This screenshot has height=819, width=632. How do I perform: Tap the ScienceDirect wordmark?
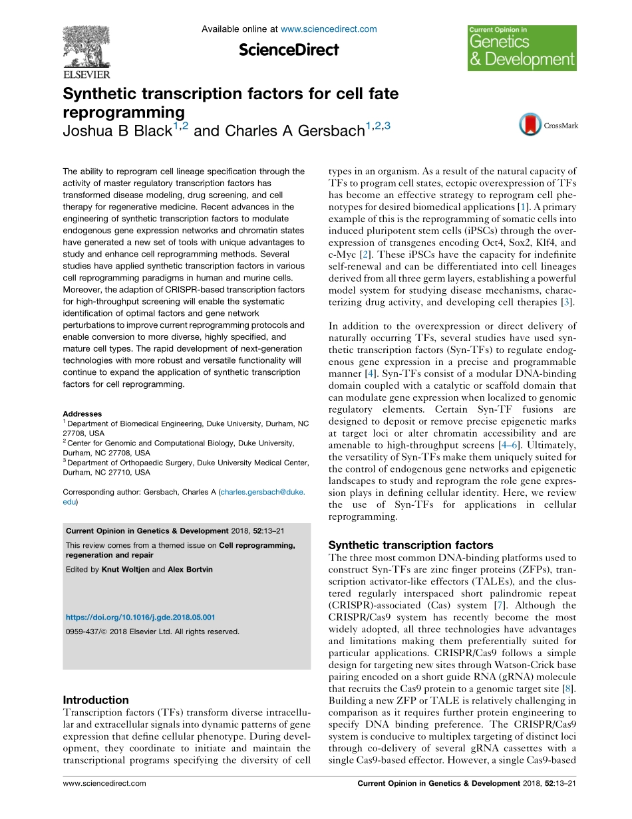[289, 50]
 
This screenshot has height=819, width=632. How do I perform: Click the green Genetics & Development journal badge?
[522, 49]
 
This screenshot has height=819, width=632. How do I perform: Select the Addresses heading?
[82, 413]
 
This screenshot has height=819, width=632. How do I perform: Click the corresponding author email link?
[263, 493]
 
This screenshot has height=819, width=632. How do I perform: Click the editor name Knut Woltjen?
[126, 570]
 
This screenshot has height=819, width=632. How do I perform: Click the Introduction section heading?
[96, 700]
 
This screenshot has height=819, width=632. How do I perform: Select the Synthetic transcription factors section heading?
[411, 544]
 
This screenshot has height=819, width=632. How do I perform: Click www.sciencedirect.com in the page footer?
[104, 802]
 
